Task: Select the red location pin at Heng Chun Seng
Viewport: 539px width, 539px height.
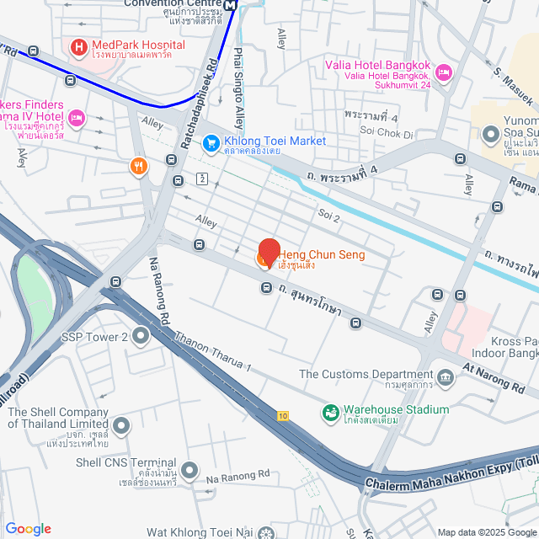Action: [268, 253]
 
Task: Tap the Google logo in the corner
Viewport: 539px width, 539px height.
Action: [28, 529]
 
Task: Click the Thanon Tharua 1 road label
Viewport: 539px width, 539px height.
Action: [213, 351]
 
